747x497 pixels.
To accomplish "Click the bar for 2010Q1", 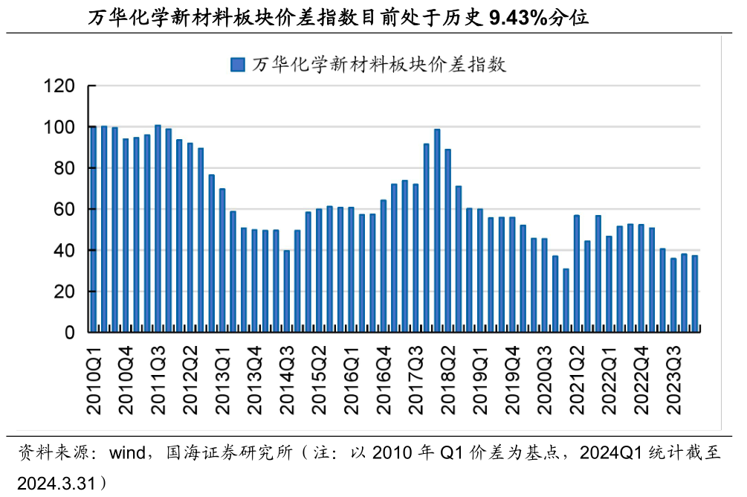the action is click(94, 229).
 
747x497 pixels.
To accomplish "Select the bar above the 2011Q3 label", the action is click(158, 228).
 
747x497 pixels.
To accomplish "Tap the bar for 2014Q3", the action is click(287, 291).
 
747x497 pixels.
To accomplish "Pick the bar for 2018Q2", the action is click(447, 240).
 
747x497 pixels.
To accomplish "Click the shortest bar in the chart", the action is click(566, 301).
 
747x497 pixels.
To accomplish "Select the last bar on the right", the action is click(695, 294).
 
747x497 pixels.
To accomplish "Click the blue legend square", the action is click(238, 65).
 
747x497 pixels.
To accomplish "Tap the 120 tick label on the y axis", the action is click(59, 86).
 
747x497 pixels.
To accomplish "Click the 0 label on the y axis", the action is click(70, 333).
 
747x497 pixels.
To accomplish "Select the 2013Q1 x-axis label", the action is click(222, 381).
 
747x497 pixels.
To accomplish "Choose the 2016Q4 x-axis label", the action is click(384, 381).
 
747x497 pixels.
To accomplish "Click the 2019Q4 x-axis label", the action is click(513, 381).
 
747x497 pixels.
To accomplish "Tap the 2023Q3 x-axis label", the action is click(673, 381).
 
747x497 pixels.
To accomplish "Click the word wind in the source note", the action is click(127, 452).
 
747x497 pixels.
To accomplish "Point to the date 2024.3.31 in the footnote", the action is click(57, 484).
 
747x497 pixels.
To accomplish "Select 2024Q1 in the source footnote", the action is click(612, 452).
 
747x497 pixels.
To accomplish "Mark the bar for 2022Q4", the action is click(641, 278).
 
